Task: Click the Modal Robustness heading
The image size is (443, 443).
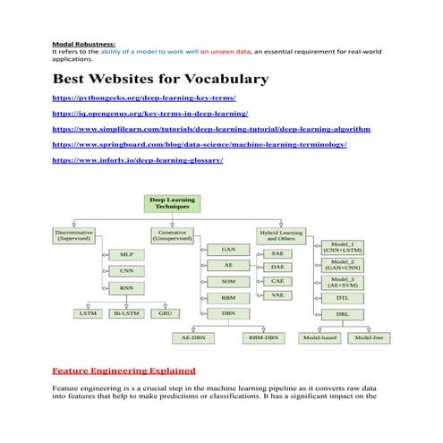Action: coord(83,43)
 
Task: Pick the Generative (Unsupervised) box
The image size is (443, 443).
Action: coord(175,236)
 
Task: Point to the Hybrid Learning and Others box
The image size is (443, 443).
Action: coord(280,236)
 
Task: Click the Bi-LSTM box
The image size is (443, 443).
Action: coord(126,313)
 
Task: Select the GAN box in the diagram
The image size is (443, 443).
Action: coord(229,249)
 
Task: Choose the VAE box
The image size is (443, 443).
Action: coord(277,295)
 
